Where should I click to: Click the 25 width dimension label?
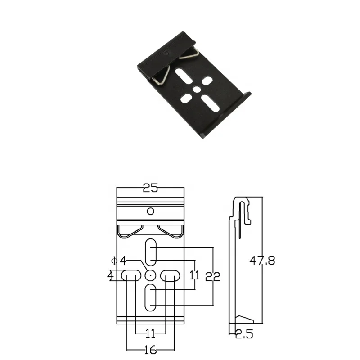tap(150, 188)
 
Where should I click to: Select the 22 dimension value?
tap(212, 276)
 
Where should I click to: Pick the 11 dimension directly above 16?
tap(150, 333)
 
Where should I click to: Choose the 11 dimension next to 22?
tap(194, 275)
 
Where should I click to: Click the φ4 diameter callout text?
tap(119, 260)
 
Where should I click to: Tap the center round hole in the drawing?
tap(150, 275)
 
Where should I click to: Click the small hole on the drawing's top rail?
tap(151, 211)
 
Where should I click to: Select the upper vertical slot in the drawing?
tap(150, 252)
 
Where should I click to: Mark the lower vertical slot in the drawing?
tap(150, 297)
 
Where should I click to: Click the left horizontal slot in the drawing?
tap(130, 275)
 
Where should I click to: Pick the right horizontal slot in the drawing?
tap(171, 275)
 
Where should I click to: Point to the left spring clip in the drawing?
tap(130, 230)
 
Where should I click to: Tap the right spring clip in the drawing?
tap(171, 230)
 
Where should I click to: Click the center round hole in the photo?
tap(196, 90)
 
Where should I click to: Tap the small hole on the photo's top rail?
tap(167, 53)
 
